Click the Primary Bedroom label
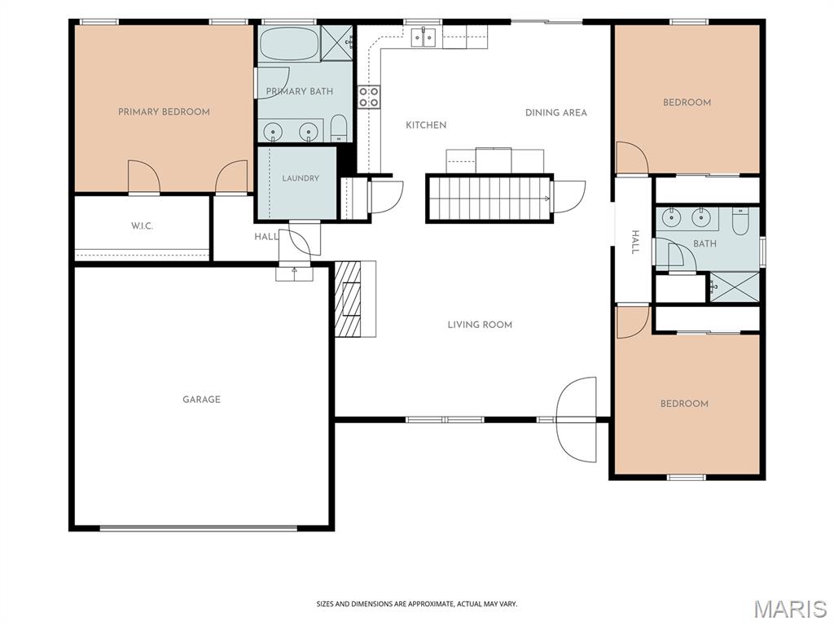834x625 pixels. [164, 111]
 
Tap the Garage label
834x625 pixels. [202, 399]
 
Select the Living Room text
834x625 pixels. [480, 325]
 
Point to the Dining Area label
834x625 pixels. [556, 112]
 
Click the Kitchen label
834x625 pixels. [426, 125]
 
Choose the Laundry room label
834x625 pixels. [301, 178]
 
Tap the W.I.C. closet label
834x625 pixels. [142, 226]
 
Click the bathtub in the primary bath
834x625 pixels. [290, 44]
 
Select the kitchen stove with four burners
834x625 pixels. [369, 98]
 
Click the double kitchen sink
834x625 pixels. [424, 37]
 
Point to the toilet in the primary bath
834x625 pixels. [339, 128]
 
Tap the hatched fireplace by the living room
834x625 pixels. [349, 299]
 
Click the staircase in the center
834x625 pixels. [489, 199]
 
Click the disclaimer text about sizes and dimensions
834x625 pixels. [417, 605]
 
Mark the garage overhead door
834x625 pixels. [199, 528]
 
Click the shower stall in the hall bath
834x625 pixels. [735, 287]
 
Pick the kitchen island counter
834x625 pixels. [495, 160]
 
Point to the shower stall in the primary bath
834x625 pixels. [337, 43]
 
